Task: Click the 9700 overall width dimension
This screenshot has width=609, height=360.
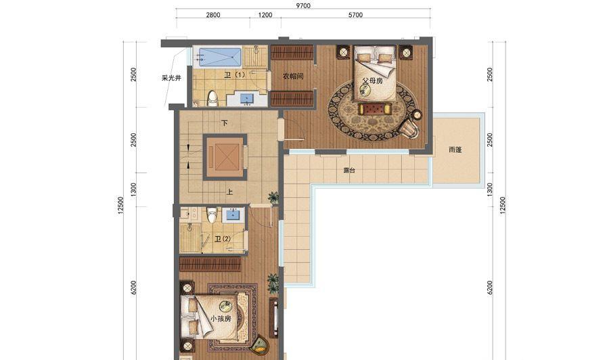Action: click(x=303, y=5)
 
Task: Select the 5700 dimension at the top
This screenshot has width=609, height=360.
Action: click(x=355, y=15)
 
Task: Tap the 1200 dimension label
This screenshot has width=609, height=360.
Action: click(x=265, y=15)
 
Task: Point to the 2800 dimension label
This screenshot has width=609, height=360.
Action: click(x=213, y=15)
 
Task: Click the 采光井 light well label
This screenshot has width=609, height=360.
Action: click(x=171, y=78)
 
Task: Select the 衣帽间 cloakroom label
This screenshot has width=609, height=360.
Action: click(x=292, y=76)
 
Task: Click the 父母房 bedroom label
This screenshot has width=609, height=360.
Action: click(x=372, y=81)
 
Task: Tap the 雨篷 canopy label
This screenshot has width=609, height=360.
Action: click(x=455, y=149)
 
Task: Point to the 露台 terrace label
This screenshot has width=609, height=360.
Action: click(x=349, y=170)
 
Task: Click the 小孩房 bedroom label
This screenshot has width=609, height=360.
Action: click(x=221, y=319)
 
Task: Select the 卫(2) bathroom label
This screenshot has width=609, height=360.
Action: click(x=223, y=239)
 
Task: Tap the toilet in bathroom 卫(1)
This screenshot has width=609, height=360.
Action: click(x=212, y=99)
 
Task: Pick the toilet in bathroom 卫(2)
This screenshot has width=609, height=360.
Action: click(x=211, y=215)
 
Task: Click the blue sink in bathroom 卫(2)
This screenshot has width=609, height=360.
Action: click(x=233, y=215)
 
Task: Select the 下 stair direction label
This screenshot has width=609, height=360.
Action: click(x=225, y=123)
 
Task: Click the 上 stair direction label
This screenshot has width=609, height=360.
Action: click(x=229, y=192)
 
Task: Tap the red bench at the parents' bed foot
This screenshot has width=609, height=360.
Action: click(x=376, y=108)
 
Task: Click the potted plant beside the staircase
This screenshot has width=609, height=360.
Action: click(x=274, y=198)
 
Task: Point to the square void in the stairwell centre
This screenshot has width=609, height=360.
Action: click(x=225, y=156)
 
